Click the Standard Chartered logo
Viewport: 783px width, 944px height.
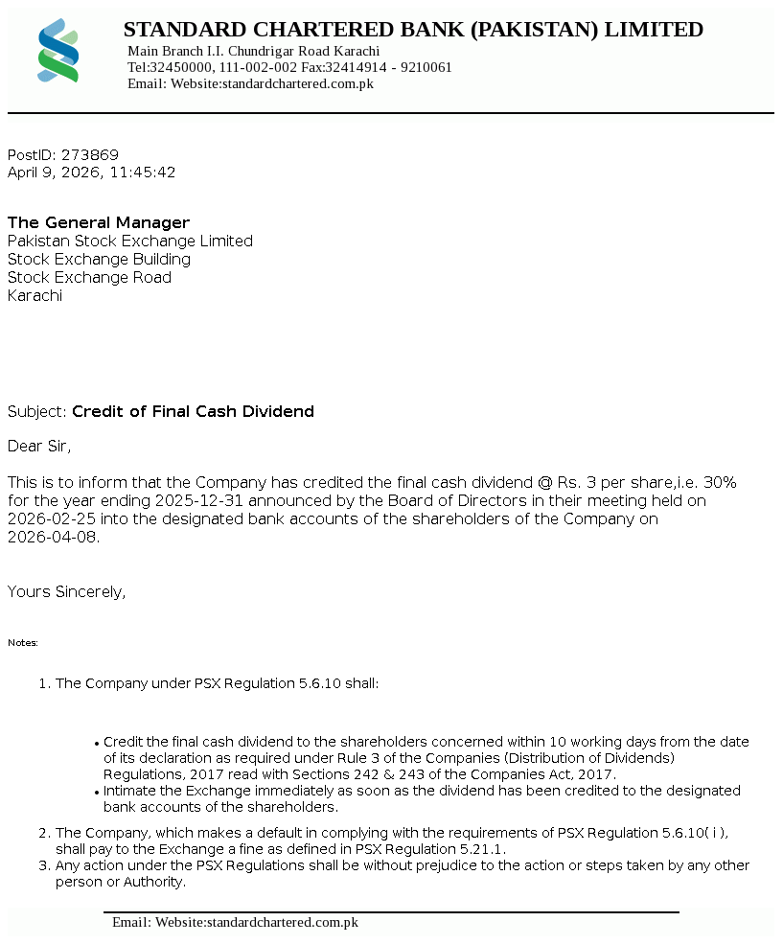[x=58, y=50]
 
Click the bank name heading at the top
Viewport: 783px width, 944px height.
[x=413, y=30]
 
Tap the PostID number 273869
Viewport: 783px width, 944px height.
[x=90, y=155]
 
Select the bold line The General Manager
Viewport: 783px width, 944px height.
[x=99, y=223]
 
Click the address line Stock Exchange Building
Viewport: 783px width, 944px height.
[x=99, y=260]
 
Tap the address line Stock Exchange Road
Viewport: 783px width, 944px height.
[x=89, y=278]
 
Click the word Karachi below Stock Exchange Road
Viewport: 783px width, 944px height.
[x=35, y=296]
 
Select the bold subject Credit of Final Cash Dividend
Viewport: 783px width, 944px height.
[x=193, y=412]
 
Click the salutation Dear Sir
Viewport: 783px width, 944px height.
[x=39, y=446]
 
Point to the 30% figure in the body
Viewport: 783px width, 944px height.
[x=719, y=482]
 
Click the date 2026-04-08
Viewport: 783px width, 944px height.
[x=53, y=537]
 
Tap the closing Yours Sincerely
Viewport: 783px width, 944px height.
[x=66, y=592]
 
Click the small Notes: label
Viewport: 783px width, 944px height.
[x=23, y=643]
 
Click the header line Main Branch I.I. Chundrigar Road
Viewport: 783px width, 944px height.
[x=254, y=51]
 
